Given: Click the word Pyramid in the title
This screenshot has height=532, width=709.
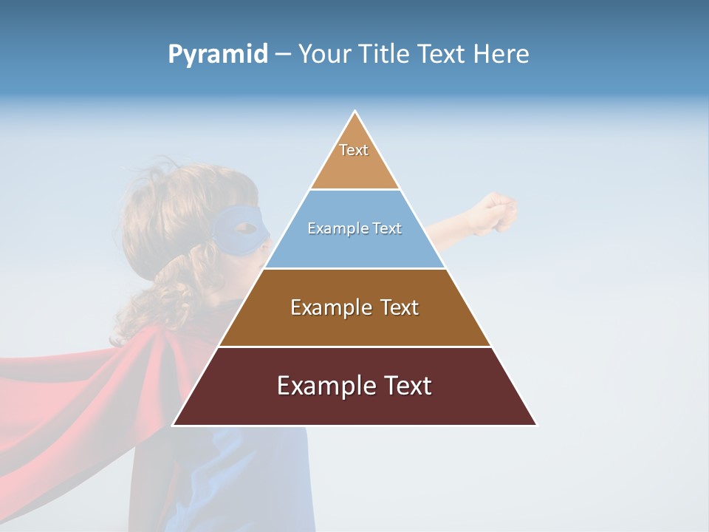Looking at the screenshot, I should (x=218, y=55).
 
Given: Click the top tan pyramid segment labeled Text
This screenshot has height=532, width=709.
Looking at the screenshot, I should (x=354, y=159).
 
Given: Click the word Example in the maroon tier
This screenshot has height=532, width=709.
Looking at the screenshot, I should (x=320, y=386).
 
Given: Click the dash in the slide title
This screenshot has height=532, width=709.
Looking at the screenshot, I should (x=282, y=55).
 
